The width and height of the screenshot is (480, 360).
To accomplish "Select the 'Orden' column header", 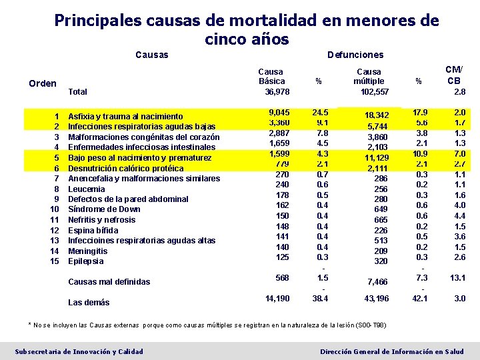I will click(43, 83).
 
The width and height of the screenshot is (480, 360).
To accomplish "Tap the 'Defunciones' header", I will click(355, 55).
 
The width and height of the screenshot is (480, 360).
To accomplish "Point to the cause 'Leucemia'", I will click(87, 189).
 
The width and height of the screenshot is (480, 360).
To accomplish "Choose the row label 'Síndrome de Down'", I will click(104, 209).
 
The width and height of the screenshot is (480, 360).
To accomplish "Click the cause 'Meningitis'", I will click(87, 251).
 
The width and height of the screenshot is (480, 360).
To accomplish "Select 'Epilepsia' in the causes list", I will click(86, 261).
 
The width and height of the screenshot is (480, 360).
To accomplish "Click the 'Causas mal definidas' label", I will click(109, 282).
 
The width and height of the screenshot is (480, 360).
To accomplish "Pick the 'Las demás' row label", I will click(89, 303).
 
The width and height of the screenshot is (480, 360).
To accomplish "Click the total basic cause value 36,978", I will click(277, 91).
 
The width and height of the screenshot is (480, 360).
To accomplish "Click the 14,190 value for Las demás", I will click(277, 299).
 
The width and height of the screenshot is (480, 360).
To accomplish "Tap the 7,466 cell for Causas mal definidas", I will click(377, 283).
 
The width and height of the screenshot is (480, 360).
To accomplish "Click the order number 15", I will click(55, 261).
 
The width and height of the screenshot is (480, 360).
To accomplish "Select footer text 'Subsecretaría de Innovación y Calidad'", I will click(79, 351).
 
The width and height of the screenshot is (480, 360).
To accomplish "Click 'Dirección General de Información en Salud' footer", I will click(392, 351).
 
